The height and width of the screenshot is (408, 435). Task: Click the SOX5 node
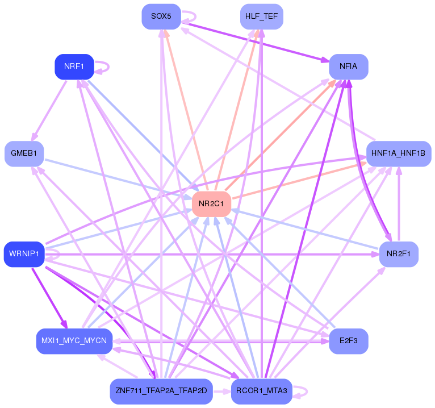161,16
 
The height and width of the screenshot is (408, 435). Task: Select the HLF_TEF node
261,16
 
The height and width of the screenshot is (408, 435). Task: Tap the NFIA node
348,66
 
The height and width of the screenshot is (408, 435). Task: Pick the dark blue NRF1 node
74,66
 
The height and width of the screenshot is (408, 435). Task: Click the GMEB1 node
24,153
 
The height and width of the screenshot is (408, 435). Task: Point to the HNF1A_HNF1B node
398,153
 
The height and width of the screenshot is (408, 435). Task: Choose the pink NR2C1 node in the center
211,203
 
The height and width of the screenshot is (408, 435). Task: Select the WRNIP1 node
24,253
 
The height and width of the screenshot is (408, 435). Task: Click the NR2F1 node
398,253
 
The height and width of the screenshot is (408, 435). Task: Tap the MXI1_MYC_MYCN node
74,341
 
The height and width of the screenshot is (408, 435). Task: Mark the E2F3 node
348,341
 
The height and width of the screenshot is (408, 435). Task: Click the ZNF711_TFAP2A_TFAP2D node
161,392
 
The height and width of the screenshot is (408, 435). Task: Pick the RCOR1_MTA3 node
261,392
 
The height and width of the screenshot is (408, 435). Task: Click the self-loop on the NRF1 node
104,66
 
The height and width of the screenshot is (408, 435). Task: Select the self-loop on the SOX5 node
191,16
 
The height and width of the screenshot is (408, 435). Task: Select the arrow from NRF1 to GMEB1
50,110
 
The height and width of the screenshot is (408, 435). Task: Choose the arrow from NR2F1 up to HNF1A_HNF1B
399,203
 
